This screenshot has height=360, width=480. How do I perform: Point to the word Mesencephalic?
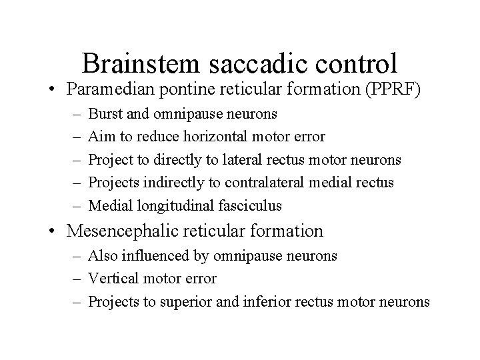[x=121, y=231]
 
